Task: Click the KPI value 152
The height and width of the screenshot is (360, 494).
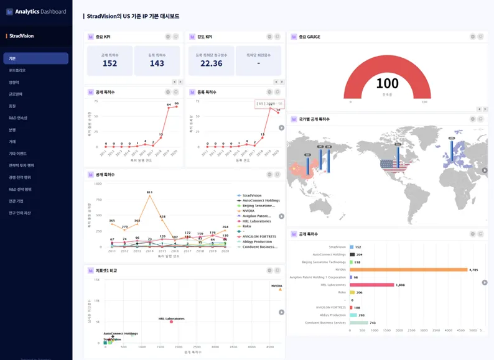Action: [x=110, y=63]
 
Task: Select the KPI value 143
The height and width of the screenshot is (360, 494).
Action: [x=157, y=63]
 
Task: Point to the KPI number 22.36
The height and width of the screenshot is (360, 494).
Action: [x=212, y=63]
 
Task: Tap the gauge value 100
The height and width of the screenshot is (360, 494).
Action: [x=387, y=83]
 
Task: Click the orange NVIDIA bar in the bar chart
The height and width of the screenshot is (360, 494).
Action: [x=408, y=270]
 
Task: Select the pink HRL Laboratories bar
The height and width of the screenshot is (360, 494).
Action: [x=372, y=285]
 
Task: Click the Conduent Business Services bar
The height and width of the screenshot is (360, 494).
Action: [x=358, y=323]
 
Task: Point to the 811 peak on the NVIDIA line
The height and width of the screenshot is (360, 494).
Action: [x=150, y=193]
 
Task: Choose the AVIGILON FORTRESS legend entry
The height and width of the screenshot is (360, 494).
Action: [x=259, y=236]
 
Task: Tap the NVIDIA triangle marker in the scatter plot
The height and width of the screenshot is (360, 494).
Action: [x=280, y=289]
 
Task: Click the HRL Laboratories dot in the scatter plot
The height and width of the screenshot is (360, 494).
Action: [x=171, y=321]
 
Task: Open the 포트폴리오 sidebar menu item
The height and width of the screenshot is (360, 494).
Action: [x=17, y=70]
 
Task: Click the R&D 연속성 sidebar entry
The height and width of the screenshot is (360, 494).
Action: [x=18, y=118]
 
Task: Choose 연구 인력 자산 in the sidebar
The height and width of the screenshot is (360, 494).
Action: [x=19, y=213]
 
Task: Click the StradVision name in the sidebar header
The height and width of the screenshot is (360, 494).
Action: [x=22, y=36]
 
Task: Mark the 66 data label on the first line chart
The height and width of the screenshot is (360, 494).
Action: [x=177, y=103]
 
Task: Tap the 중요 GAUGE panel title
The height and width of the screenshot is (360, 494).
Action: [x=309, y=37]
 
